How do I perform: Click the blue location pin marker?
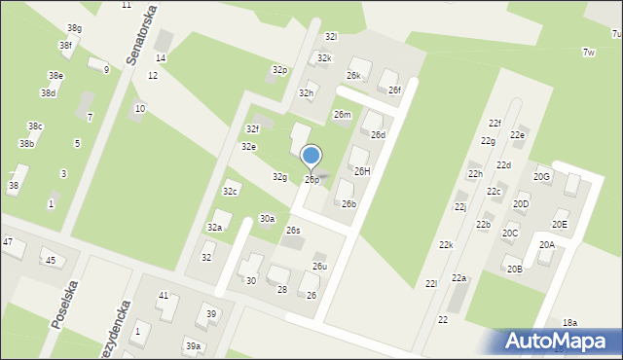pyautogui.click(x=311, y=157)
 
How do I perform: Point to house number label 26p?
pyautogui.click(x=311, y=180)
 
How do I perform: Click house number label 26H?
pyautogui.click(x=362, y=171)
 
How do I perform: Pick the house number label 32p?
pyautogui.click(x=280, y=70)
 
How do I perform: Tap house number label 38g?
pyautogui.click(x=74, y=28)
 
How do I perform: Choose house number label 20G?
pyautogui.click(x=541, y=176)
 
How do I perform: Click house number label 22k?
pyautogui.click(x=446, y=244)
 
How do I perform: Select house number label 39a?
pyautogui.click(x=194, y=346)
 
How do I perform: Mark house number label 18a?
pyautogui.click(x=569, y=322)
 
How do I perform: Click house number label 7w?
pyautogui.click(x=588, y=52)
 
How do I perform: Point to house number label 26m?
pyautogui.click(x=342, y=114)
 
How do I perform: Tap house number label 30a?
pyautogui.click(x=267, y=219)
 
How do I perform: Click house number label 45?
pyautogui.click(x=51, y=261)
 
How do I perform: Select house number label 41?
pyautogui.click(x=164, y=295)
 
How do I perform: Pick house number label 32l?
pyautogui.click(x=331, y=36)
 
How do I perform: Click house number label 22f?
pyautogui.click(x=495, y=124)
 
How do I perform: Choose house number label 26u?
pyautogui.click(x=319, y=267)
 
